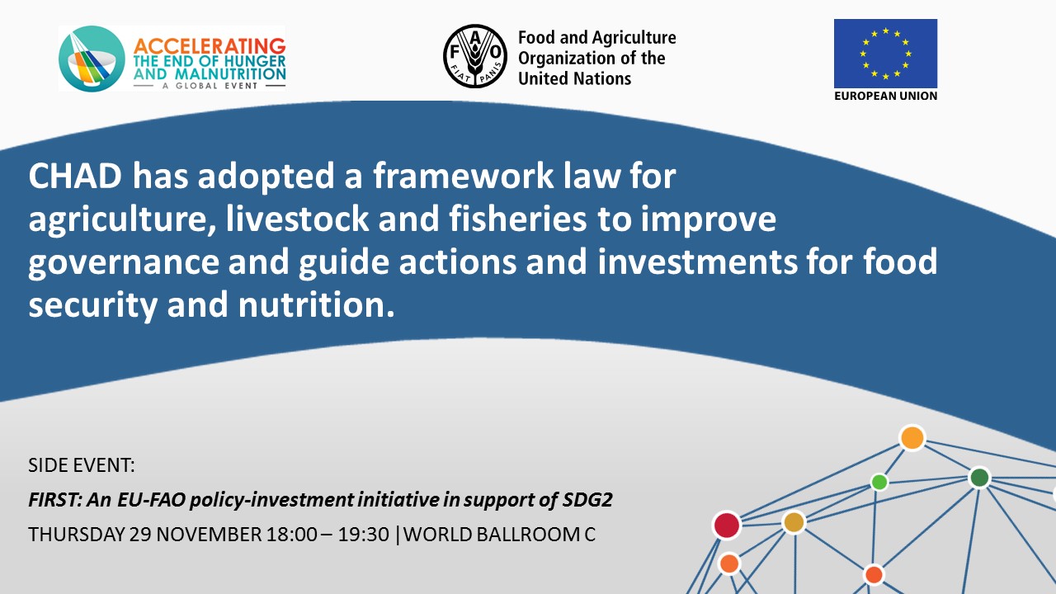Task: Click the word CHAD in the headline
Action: coord(75,176)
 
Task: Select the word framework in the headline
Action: coord(464,176)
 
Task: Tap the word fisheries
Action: coord(517,219)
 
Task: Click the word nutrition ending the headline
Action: coord(316,304)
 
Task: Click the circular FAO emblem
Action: coord(475,56)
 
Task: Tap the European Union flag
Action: coord(885,54)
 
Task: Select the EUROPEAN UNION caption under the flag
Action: coord(885,97)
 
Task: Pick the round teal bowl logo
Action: coord(92,59)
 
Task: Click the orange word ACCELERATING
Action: coord(210,47)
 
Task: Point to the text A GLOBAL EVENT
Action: coord(210,86)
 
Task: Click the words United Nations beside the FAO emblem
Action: coord(574,78)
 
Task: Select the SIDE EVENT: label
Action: coord(82,465)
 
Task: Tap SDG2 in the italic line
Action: coord(587,500)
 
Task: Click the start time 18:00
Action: coord(292,535)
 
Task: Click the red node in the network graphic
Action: coord(727,526)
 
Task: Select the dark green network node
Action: coord(979,478)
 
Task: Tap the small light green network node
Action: coord(879,483)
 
